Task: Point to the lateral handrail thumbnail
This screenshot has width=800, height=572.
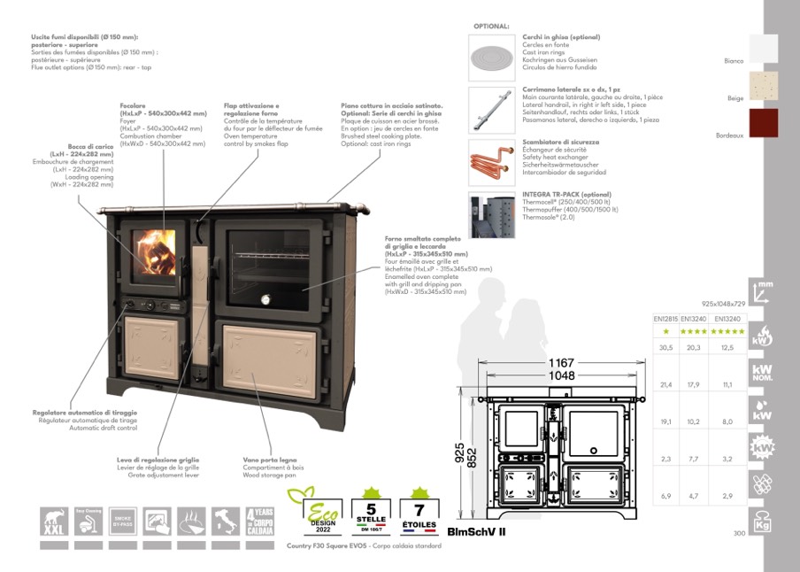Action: [x=491, y=109]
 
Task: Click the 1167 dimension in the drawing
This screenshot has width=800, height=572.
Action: [x=562, y=363]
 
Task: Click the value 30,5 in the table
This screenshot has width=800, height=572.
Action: [x=665, y=348]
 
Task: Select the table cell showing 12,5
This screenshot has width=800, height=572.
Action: [x=728, y=348]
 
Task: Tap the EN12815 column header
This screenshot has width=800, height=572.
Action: [x=665, y=318]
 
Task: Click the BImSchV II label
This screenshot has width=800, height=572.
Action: [x=476, y=532]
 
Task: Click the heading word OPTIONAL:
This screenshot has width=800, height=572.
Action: [x=492, y=27]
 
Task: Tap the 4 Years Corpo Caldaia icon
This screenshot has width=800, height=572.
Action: [x=260, y=520]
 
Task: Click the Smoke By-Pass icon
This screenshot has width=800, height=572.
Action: [x=123, y=520]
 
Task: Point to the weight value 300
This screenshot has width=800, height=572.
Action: [x=739, y=533]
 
